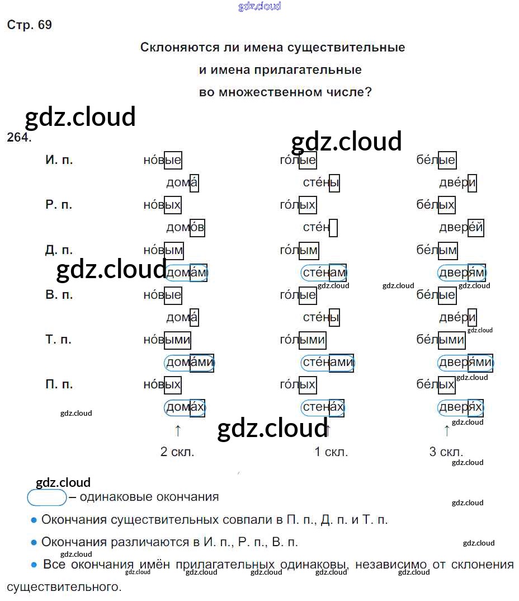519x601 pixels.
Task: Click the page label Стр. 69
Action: click(30, 25)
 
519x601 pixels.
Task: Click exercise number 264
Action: click(19, 138)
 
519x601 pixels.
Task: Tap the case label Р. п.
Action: click(59, 205)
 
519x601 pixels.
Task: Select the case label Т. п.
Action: click(59, 340)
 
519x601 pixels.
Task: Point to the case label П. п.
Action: click(59, 384)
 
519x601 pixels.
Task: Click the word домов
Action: click(186, 228)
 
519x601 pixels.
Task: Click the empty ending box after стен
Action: click(333, 228)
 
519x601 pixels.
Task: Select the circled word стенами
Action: click(328, 363)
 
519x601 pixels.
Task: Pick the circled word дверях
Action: click(461, 407)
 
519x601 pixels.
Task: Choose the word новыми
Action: click(167, 340)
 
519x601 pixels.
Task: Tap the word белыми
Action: click(440, 340)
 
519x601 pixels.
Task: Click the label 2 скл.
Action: click(177, 452)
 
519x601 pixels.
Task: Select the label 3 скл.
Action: click(446, 452)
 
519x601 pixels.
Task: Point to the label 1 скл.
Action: click(331, 452)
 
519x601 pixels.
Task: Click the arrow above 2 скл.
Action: click(178, 430)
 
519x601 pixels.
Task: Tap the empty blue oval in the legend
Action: click(47, 497)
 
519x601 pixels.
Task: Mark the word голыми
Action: click(303, 340)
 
